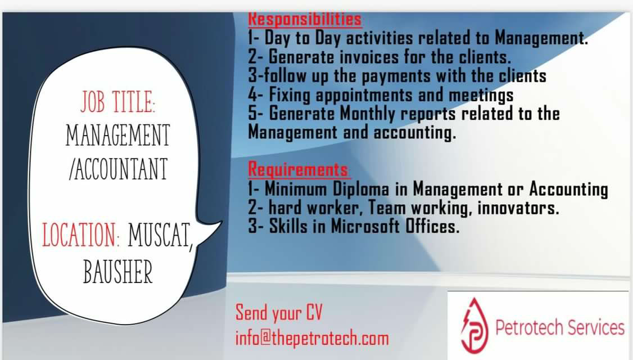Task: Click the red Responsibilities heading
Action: (x=305, y=19)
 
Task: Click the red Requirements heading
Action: (x=298, y=169)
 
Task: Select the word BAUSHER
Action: (x=118, y=272)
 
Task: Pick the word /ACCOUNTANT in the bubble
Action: (x=118, y=169)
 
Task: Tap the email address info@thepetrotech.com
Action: (x=312, y=338)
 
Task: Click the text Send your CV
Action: (x=279, y=313)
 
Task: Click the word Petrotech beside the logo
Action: (x=529, y=327)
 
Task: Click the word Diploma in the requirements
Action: (x=361, y=190)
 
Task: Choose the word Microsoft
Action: (x=365, y=226)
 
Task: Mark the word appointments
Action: (x=364, y=96)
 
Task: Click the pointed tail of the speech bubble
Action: (x=221, y=222)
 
